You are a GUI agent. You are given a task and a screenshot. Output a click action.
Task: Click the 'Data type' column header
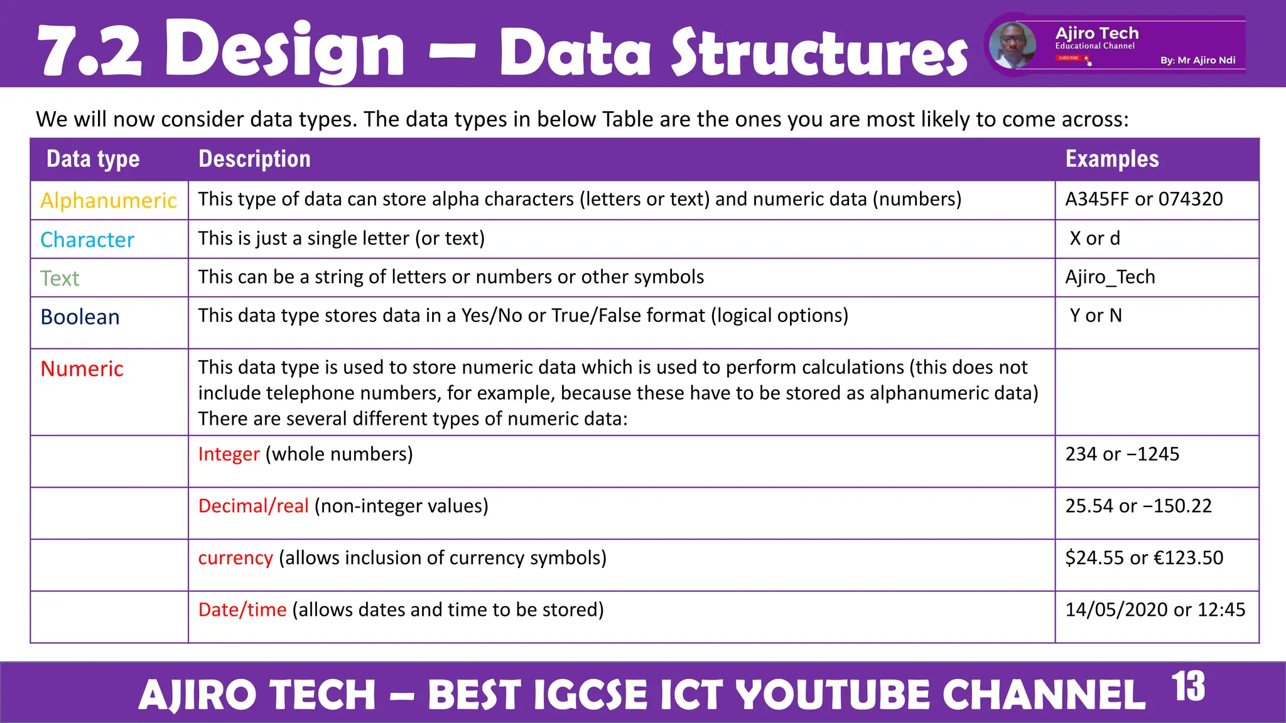pyautogui.click(x=93, y=159)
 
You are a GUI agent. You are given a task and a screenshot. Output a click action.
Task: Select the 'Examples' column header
pyautogui.click(x=1111, y=159)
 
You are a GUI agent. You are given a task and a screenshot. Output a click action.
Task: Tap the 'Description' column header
pyautogui.click(x=254, y=159)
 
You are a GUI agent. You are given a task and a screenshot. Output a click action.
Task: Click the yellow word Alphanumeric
pyautogui.click(x=109, y=201)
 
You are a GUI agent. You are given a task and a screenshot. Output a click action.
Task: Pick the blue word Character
pyautogui.click(x=87, y=240)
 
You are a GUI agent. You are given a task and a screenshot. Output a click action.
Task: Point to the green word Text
pyautogui.click(x=60, y=278)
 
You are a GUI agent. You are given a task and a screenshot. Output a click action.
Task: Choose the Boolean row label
pyautogui.click(x=80, y=317)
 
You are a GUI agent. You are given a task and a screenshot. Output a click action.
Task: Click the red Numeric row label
pyautogui.click(x=82, y=369)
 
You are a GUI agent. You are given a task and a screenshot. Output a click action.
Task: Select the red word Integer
pyautogui.click(x=229, y=454)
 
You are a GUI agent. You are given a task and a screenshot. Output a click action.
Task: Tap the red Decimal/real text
pyautogui.click(x=253, y=506)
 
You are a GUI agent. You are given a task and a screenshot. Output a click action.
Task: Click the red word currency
pyautogui.click(x=235, y=558)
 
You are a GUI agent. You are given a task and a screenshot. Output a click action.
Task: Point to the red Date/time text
pyautogui.click(x=242, y=610)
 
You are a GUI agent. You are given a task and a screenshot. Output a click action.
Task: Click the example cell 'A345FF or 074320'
pyautogui.click(x=1143, y=200)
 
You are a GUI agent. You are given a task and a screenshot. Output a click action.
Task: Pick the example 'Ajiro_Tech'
pyautogui.click(x=1110, y=277)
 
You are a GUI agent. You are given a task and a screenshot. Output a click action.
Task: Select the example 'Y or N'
pyautogui.click(x=1095, y=316)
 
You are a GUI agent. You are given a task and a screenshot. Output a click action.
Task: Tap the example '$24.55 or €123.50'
pyautogui.click(x=1143, y=558)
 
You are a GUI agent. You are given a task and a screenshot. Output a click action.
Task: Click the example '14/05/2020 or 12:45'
pyautogui.click(x=1155, y=610)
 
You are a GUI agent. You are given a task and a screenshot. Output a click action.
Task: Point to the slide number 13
pyautogui.click(x=1187, y=687)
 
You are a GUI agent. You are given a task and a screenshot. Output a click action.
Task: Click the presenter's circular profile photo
pyautogui.click(x=1012, y=45)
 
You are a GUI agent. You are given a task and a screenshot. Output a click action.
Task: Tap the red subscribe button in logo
pyautogui.click(x=1069, y=58)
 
